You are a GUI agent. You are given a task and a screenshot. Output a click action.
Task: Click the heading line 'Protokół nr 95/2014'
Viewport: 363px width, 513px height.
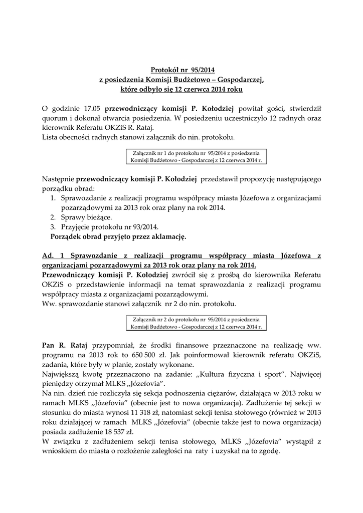click(x=182, y=70)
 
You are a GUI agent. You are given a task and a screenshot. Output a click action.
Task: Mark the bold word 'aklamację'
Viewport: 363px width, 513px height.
click(x=168, y=236)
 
